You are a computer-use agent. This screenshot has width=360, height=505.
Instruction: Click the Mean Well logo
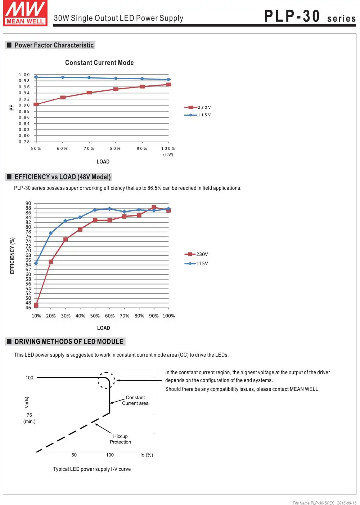click(25, 13)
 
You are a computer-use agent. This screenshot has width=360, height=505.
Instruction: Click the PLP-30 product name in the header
click(292, 16)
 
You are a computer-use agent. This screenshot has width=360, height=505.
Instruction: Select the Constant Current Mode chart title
click(99, 62)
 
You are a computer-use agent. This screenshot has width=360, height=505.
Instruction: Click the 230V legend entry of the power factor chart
click(197, 107)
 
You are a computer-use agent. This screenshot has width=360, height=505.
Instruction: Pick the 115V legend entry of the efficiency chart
click(196, 263)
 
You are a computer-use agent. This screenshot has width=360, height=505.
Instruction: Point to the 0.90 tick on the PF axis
click(24, 105)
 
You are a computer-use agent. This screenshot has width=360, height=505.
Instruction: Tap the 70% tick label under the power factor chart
click(89, 148)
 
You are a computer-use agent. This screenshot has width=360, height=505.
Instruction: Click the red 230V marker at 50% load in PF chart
click(36, 104)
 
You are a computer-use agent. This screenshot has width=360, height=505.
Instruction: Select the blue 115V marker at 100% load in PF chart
click(168, 79)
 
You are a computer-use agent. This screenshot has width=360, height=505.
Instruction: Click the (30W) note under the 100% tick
click(168, 155)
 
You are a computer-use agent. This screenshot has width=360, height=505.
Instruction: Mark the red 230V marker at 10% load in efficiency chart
click(36, 305)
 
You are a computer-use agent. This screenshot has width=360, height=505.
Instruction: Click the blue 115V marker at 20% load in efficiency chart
click(51, 233)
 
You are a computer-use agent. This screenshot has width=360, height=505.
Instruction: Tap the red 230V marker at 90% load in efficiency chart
click(154, 207)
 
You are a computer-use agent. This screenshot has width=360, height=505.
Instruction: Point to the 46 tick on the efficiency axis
click(28, 308)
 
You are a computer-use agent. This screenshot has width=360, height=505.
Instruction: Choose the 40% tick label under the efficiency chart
click(80, 316)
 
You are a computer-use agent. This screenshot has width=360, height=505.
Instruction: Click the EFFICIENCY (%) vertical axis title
click(12, 255)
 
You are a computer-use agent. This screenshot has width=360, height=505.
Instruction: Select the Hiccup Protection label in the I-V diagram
click(120, 439)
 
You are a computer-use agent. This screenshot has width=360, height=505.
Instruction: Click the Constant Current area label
click(135, 400)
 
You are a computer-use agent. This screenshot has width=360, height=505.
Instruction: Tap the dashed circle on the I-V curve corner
click(106, 372)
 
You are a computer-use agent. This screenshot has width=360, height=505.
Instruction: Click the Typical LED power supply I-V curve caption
click(92, 469)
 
